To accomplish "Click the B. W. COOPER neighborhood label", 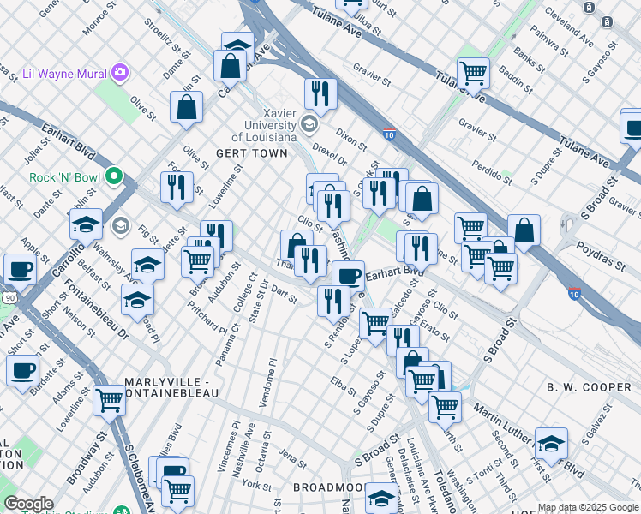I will pyautogui.click(x=589, y=387).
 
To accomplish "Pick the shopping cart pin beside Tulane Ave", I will pyautogui.click(x=473, y=74).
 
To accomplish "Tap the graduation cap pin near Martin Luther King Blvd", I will pyautogui.click(x=552, y=444).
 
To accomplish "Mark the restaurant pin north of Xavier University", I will pyautogui.click(x=320, y=93).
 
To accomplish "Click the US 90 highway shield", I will pyautogui.click(x=8, y=296).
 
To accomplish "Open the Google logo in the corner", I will pyautogui.click(x=28, y=504).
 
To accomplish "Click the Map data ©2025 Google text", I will pyautogui.click(x=588, y=508).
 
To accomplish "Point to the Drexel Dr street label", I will pyautogui.click(x=329, y=160).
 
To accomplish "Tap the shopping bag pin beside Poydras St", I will pyautogui.click(x=524, y=230).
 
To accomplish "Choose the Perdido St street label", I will pyautogui.click(x=489, y=170).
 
